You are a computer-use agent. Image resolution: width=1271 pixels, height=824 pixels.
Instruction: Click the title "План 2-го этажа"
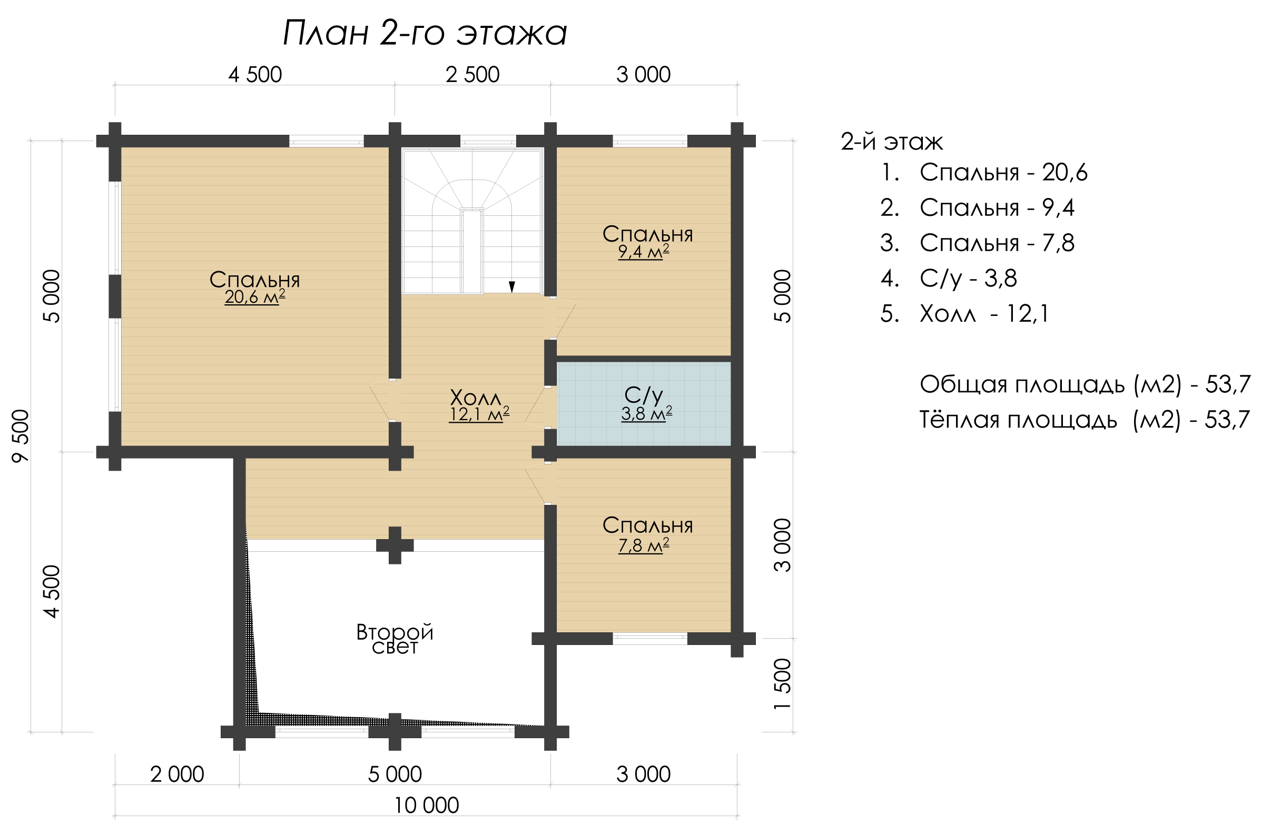click(425, 34)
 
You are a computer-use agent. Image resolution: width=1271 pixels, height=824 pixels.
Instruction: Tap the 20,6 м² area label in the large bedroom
click(255, 297)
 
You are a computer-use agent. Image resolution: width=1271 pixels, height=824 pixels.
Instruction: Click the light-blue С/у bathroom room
click(644, 403)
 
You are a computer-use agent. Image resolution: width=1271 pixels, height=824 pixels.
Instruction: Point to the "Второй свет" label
click(395, 639)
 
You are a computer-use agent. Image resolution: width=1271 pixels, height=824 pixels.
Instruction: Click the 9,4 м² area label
click(644, 251)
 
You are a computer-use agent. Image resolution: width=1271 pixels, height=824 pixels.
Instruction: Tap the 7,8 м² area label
click(644, 545)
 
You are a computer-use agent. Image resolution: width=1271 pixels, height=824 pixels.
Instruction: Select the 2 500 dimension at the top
click(472, 75)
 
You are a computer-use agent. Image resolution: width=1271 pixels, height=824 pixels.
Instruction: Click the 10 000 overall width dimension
click(426, 806)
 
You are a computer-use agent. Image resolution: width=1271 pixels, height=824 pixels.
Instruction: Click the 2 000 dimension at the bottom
click(177, 775)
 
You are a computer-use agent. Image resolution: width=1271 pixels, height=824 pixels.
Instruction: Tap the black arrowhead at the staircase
click(511, 287)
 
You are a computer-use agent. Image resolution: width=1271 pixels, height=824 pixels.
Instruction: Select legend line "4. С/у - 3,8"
click(949, 278)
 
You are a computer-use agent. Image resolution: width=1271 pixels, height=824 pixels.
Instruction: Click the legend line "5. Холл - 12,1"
click(964, 314)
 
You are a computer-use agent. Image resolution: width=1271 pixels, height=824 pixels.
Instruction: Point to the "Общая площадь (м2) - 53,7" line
click(1085, 384)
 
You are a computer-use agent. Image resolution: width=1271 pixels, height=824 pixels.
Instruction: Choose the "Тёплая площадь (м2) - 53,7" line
click(1085, 420)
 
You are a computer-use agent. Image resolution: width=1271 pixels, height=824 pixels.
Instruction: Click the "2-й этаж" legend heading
click(892, 142)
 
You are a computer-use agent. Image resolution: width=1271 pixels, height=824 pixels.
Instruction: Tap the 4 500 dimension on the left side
click(52, 591)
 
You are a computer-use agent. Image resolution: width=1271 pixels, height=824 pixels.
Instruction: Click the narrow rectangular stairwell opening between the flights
click(472, 251)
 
